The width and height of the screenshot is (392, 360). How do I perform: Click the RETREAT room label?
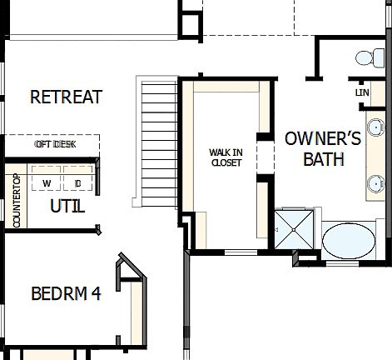66,97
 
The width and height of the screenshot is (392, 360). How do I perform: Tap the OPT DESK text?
55,144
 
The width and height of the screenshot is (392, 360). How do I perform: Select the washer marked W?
47,183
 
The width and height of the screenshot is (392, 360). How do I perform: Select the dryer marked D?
77,183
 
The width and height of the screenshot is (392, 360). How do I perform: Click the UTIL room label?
67,206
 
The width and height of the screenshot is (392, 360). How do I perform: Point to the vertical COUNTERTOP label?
16,199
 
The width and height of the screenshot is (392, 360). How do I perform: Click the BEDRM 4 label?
66,294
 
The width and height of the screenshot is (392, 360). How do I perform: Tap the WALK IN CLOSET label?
225,157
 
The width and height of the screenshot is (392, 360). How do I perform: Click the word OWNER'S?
323,138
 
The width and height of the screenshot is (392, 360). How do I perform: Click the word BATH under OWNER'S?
323,159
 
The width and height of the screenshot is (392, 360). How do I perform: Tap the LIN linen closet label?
361,92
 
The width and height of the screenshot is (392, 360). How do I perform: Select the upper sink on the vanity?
377,128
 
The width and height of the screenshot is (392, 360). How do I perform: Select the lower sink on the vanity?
377,182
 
